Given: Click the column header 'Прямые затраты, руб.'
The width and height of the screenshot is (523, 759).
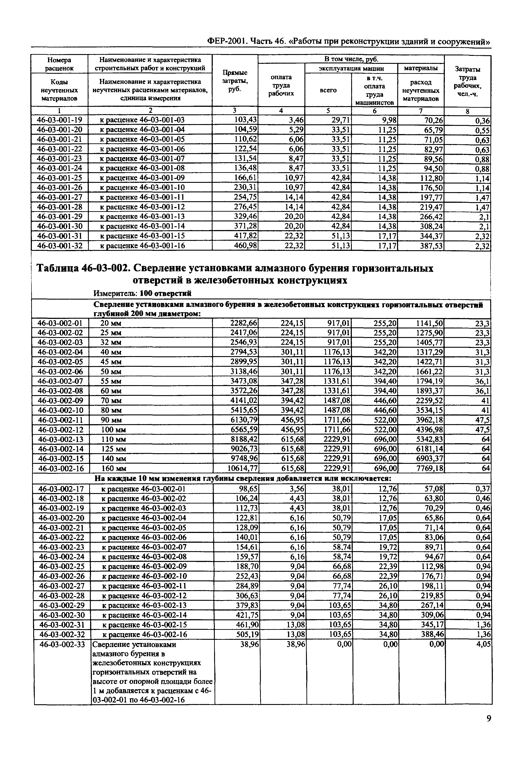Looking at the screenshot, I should [235, 81].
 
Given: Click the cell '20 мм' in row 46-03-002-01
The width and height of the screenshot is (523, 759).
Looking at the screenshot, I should [111, 323].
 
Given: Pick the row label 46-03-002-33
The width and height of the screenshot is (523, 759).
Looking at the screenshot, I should [62, 644].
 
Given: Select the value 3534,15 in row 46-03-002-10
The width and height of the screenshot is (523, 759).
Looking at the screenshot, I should [430, 410].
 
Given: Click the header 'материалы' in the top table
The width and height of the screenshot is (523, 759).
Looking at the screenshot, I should [420, 68].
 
